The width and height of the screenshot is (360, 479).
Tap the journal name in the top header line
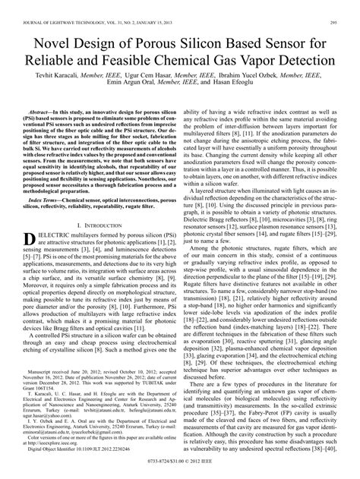[x=76, y=6]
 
